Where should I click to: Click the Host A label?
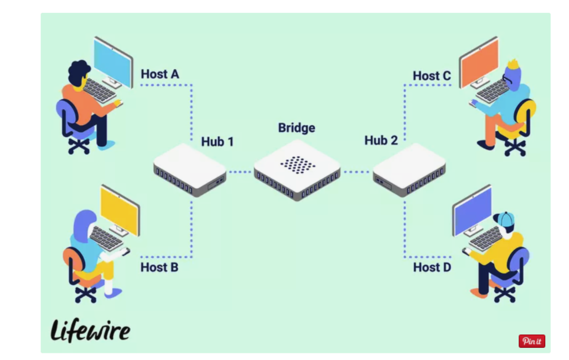click(x=159, y=74)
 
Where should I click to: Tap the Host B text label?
click(x=159, y=268)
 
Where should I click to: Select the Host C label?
click(x=432, y=76)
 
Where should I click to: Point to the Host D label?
click(x=432, y=268)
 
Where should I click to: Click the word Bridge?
click(x=296, y=128)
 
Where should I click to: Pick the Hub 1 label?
click(x=217, y=142)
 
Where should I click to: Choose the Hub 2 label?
click(x=381, y=141)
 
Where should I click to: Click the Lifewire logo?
click(x=90, y=331)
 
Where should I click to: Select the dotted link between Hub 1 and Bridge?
click(x=240, y=172)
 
